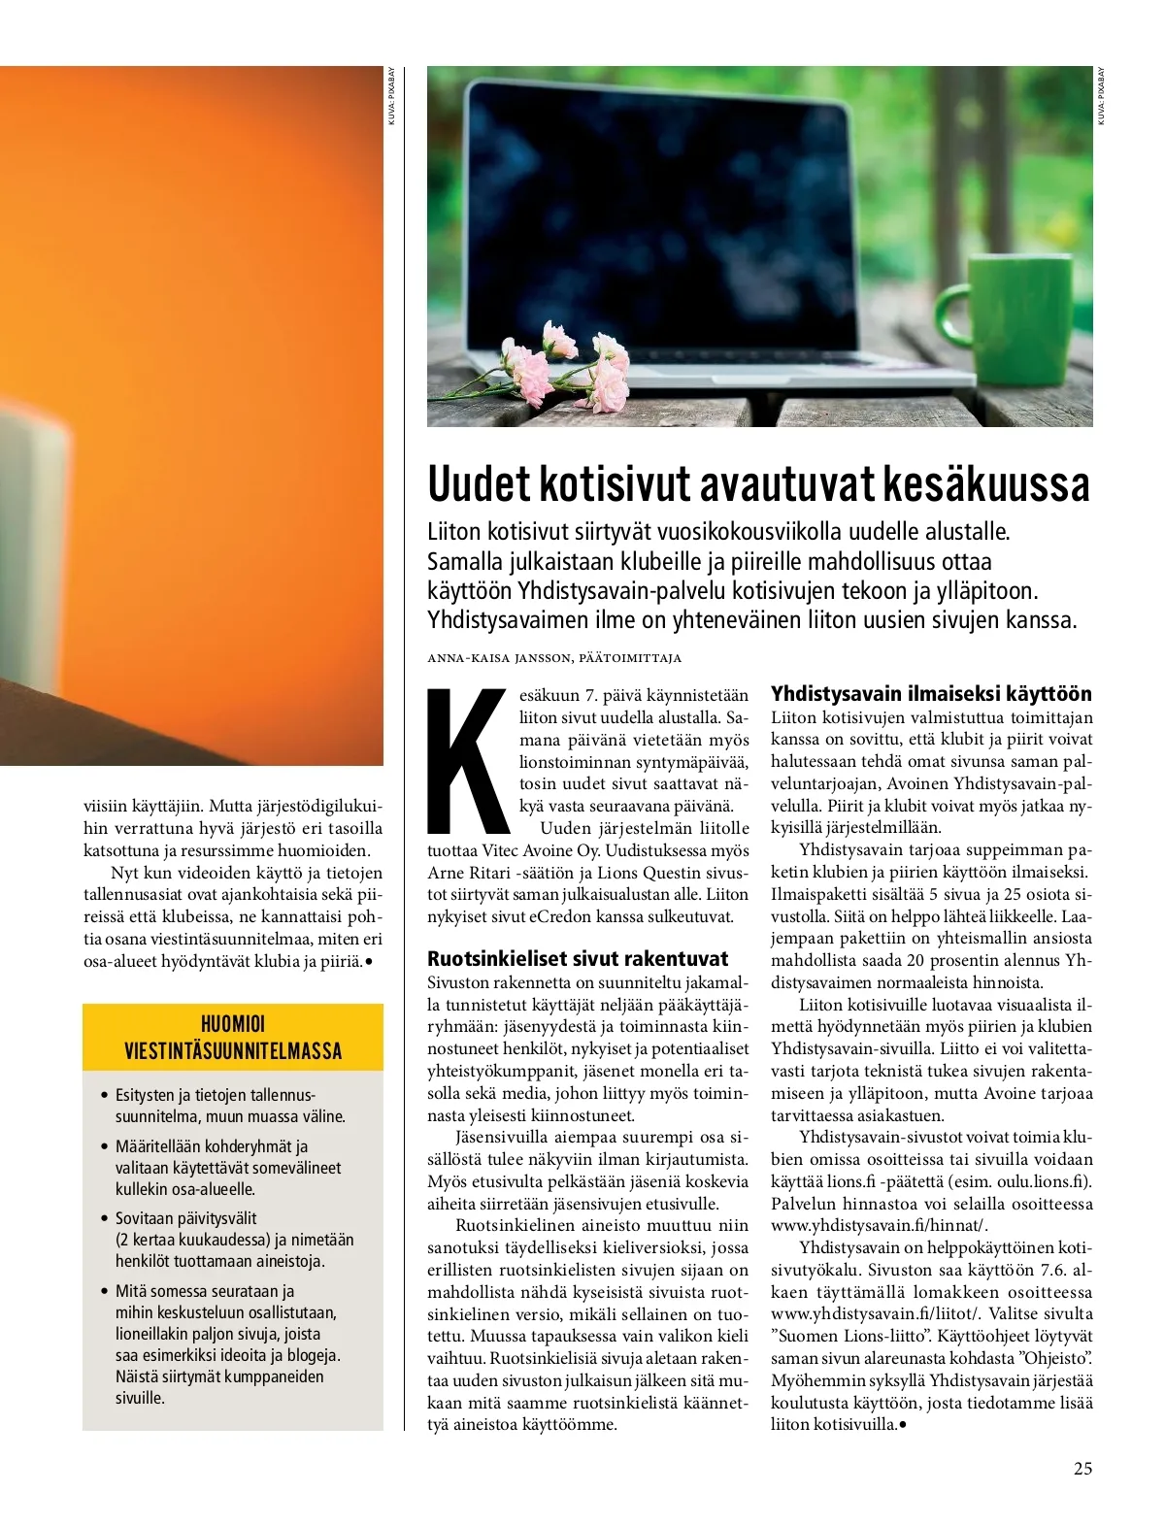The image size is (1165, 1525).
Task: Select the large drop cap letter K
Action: click(469, 761)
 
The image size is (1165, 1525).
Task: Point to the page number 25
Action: click(1082, 1468)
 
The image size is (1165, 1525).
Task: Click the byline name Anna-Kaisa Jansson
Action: click(500, 658)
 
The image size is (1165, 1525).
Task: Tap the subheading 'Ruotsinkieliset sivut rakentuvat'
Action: click(578, 959)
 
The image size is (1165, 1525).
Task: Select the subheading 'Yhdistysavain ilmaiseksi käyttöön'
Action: click(931, 694)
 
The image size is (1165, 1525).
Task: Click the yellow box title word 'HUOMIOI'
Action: click(233, 1023)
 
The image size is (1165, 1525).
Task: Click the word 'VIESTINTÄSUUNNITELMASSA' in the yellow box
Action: click(233, 1051)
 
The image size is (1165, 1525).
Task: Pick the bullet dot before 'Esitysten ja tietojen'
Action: click(105, 1096)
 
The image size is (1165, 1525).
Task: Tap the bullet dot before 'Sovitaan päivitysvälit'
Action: click(105, 1218)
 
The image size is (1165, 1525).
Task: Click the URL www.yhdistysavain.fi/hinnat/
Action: click(880, 1226)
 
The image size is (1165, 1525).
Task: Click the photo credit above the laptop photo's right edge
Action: click(1102, 95)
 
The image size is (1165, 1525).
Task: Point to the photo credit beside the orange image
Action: click(392, 95)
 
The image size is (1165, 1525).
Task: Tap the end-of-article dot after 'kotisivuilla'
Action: click(903, 1425)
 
